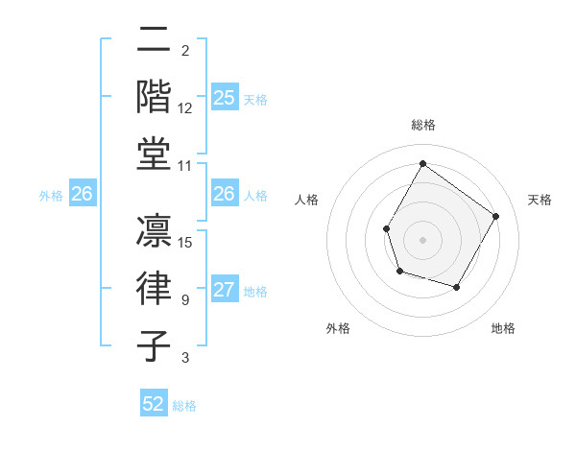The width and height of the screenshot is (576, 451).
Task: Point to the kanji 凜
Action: [155, 230]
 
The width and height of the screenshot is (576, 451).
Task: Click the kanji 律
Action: [155, 289]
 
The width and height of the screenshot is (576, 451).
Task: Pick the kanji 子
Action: [155, 345]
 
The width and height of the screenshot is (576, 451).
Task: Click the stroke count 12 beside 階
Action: [185, 109]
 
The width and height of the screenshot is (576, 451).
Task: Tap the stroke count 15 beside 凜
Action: [186, 242]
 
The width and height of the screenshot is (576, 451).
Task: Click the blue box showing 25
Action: [224, 98]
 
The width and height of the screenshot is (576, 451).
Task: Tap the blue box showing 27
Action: [224, 291]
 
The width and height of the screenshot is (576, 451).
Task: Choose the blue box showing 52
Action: [154, 404]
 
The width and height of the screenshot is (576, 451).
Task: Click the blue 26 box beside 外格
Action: [82, 195]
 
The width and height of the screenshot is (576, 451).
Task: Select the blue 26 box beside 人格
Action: [224, 194]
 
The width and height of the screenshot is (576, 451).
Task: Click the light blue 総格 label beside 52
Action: [184, 406]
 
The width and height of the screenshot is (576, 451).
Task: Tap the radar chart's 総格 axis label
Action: [422, 125]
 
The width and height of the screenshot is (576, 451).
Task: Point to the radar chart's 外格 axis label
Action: [338, 328]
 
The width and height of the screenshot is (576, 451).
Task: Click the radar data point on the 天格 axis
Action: [495, 216]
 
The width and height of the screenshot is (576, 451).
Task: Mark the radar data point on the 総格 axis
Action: [422, 163]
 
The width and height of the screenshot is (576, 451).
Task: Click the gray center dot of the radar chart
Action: [422, 239]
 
